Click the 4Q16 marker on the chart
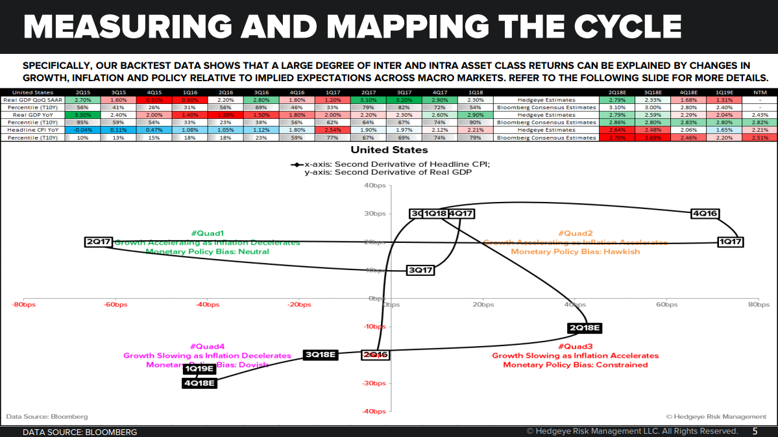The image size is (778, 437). [x=705, y=214]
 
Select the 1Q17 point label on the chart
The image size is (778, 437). [x=730, y=242]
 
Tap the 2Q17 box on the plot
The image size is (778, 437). [x=99, y=242]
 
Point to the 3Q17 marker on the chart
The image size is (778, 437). [x=420, y=269]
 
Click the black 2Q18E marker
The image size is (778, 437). [x=585, y=328]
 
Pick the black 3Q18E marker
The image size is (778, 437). [x=321, y=355]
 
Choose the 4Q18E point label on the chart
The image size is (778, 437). [x=199, y=382]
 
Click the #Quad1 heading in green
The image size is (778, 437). [x=207, y=233]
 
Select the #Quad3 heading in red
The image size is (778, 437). [x=575, y=346]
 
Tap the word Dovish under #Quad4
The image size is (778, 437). [x=236, y=364]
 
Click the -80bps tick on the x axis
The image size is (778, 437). [x=23, y=304]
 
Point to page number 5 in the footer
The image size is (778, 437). [x=755, y=431]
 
